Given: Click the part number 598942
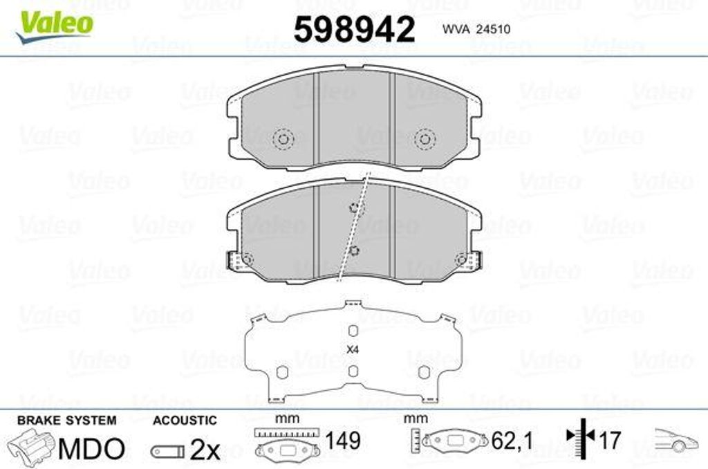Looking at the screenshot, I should point(354,30).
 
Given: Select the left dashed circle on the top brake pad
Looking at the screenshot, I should point(283,139).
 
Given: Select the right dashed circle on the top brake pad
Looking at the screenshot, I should point(425,139).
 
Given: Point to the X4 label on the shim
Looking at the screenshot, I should point(353,350).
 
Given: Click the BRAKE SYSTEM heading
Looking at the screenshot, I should point(66,420).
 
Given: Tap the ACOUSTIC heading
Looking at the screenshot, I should point(185,420).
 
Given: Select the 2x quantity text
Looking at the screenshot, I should point(205,450).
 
